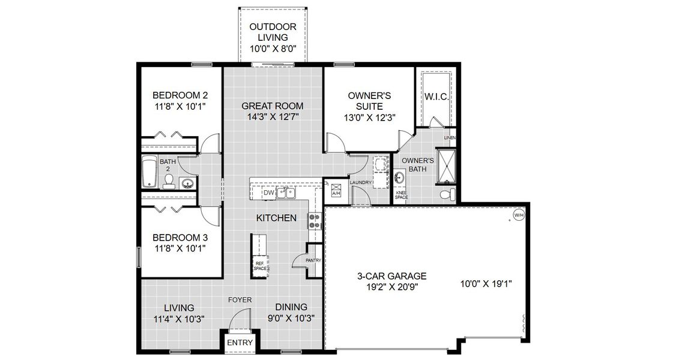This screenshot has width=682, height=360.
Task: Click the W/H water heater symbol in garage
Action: [x=517, y=214]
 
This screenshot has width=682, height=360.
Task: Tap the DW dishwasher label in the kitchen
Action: [x=269, y=193]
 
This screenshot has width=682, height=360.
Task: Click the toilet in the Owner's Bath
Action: [x=445, y=194]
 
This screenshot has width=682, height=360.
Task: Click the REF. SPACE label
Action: [x=260, y=266]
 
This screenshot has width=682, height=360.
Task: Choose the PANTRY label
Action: [x=313, y=260]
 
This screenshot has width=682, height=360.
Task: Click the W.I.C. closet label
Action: [x=436, y=97]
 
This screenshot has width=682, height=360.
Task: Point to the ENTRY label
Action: [x=240, y=343]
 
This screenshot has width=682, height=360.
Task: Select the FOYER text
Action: [x=240, y=299]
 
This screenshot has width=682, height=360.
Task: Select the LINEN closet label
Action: [x=450, y=137]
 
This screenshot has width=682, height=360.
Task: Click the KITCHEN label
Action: [x=276, y=218]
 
